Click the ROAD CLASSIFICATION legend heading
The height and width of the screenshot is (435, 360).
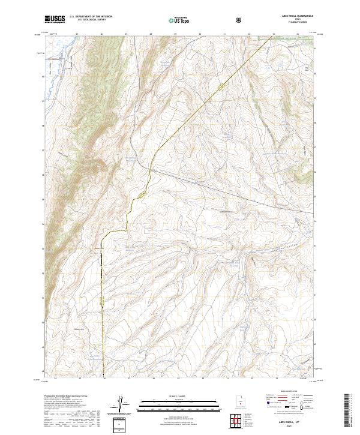click(282, 395)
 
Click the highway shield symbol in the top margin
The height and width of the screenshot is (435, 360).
click(240, 20)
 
